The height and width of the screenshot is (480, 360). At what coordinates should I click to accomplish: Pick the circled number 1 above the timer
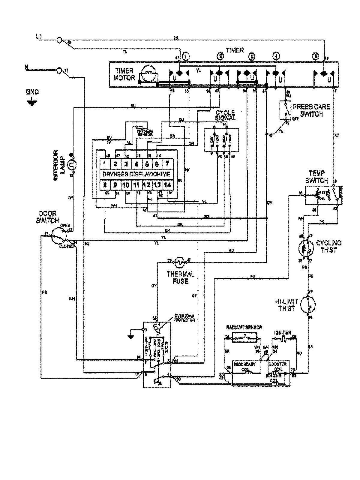pyautogui.click(x=186, y=56)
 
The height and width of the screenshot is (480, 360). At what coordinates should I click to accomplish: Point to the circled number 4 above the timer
pyautogui.click(x=276, y=56)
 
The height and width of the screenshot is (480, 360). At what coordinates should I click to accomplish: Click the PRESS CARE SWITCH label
pyautogui.click(x=311, y=110)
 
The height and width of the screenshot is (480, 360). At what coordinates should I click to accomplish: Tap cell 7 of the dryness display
pyautogui.click(x=167, y=164)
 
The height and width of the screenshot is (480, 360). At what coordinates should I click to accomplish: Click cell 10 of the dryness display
pyautogui.click(x=126, y=185)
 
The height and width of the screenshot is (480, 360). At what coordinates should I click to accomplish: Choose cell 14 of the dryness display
pyautogui.click(x=167, y=185)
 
